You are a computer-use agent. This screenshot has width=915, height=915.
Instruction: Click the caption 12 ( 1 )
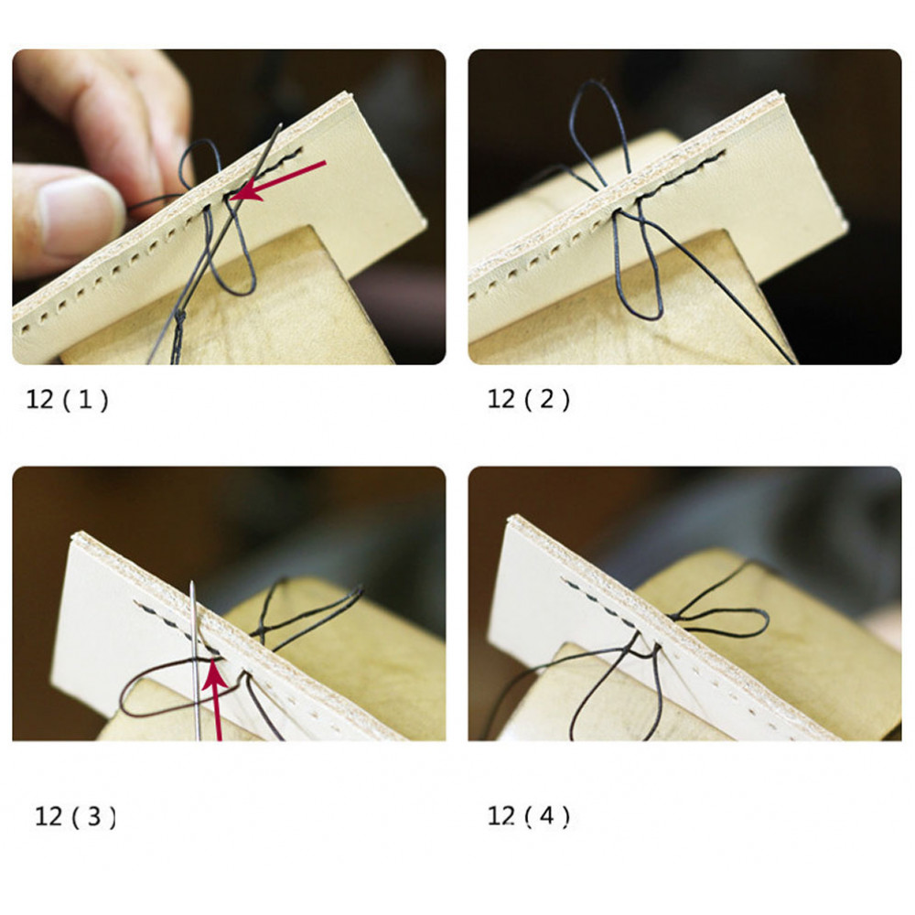click(x=67, y=400)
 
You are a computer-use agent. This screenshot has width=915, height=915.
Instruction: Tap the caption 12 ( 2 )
click(x=528, y=400)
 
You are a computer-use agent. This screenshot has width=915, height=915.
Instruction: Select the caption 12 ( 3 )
click(x=75, y=816)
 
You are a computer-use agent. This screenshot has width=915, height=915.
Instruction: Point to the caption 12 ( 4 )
click(x=528, y=816)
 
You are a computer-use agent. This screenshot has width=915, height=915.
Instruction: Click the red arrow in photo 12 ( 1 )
click(x=277, y=181)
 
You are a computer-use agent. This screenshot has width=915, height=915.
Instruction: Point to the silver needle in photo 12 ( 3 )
click(x=195, y=661)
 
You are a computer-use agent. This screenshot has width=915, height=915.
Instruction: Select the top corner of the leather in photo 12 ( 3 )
click(x=74, y=534)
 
